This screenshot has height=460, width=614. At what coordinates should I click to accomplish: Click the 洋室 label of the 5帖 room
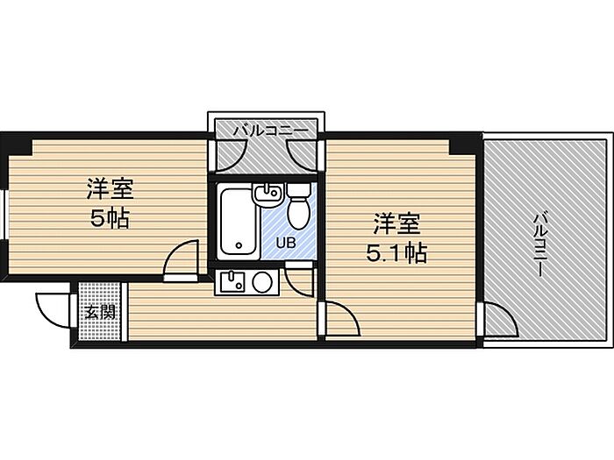click(x=110, y=188)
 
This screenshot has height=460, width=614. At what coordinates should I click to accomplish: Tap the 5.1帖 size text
click(x=396, y=253)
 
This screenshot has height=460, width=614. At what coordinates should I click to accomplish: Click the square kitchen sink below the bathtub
click(x=231, y=282)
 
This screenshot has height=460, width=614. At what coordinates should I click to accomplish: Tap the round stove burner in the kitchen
click(x=262, y=283)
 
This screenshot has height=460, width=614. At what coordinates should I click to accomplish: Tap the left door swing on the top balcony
click(x=227, y=154)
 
